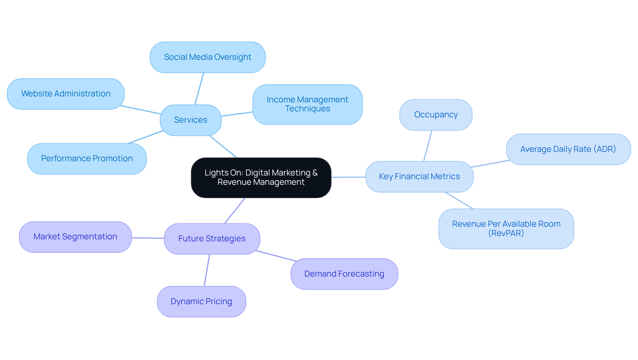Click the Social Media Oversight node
(207, 57)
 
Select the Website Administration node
(66, 94)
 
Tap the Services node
(190, 120)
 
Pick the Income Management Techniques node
(307, 104)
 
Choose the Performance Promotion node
(87, 159)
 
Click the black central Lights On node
(261, 178)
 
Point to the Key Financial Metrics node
(419, 177)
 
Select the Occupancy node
(436, 115)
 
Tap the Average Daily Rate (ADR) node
(568, 149)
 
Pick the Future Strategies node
(212, 239)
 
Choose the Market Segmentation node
(75, 237)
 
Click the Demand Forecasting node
(344, 274)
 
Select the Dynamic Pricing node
(201, 301)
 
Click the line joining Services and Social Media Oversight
(199, 89)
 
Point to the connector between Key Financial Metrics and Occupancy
(428, 146)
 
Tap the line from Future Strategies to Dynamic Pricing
(207, 270)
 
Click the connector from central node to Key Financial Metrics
(348, 177)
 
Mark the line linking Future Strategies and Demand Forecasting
(276, 256)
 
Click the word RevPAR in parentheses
(506, 233)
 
